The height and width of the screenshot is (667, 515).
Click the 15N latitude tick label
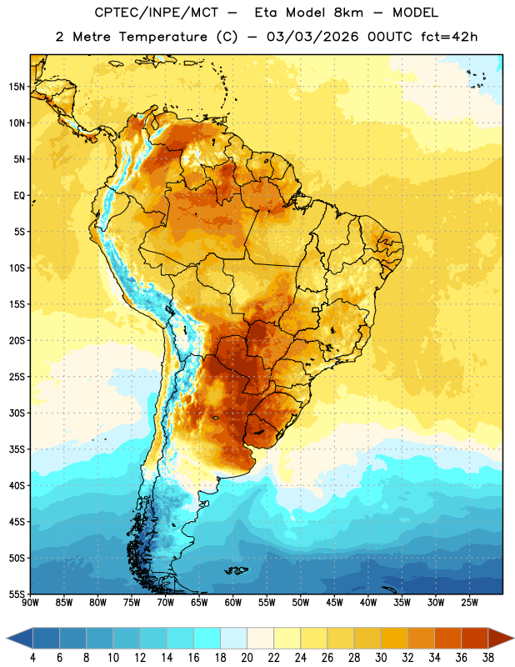coord(17,87)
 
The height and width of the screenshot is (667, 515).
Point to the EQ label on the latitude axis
coord(19,196)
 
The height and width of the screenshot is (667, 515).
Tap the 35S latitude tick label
coord(17,449)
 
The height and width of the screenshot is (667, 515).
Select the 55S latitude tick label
coord(17,594)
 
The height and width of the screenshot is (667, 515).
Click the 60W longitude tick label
coord(232,603)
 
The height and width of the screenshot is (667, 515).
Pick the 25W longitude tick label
coord(469,603)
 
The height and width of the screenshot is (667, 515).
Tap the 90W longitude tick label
coord(30,603)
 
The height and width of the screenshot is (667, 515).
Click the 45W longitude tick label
coord(334,603)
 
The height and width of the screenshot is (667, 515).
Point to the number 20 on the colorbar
coord(247,658)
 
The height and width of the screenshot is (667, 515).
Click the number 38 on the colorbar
coord(487,658)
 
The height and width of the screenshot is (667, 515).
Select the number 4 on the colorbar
coord(32,658)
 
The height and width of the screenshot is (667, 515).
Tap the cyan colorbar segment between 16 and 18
coord(207,638)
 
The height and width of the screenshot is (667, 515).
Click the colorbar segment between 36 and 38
coord(475,638)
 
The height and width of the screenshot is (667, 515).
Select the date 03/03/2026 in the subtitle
coord(312,37)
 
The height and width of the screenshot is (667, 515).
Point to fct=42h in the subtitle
coord(449,37)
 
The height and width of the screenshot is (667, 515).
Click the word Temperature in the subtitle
coord(162,37)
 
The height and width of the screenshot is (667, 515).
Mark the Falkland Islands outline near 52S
coord(236,570)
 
